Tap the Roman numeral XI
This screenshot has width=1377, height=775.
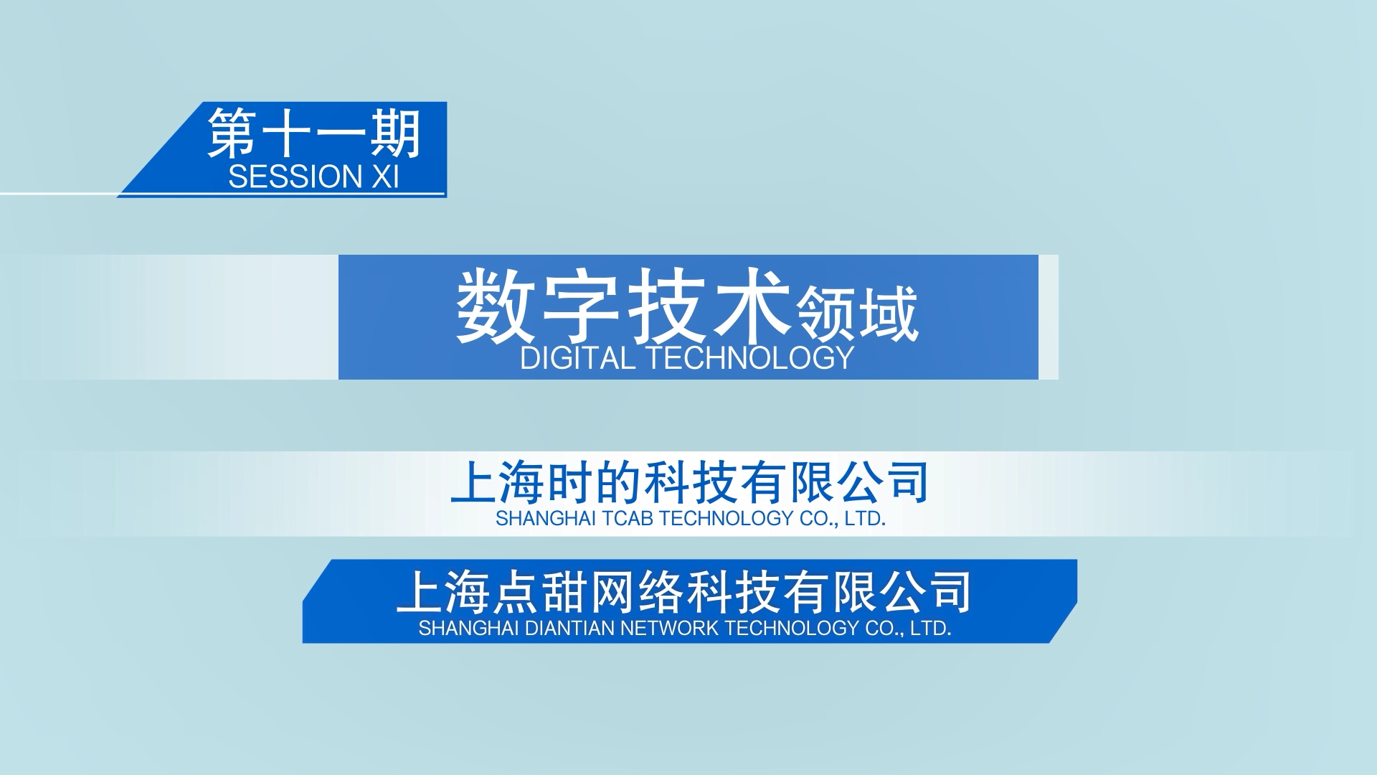click(385, 177)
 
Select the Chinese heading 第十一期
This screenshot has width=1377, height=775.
click(314, 133)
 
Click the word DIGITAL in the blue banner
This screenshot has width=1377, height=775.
click(577, 358)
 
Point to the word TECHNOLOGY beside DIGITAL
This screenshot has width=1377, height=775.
click(751, 358)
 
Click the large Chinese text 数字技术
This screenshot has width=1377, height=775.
click(623, 306)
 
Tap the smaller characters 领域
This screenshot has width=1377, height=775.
click(858, 314)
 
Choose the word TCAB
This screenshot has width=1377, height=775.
click(628, 518)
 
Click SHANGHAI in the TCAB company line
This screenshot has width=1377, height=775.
click(545, 518)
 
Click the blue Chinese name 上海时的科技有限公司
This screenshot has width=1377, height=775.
click(690, 483)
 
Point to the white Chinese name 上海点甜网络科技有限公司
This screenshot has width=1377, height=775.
click(684, 592)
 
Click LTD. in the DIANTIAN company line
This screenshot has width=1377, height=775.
click(930, 628)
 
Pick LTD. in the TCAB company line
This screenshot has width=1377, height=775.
click(865, 518)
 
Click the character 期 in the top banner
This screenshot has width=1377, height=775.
click(395, 133)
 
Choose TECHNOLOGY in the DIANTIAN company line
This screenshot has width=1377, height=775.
click(792, 628)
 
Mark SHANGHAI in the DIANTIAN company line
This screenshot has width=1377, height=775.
click(469, 628)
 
